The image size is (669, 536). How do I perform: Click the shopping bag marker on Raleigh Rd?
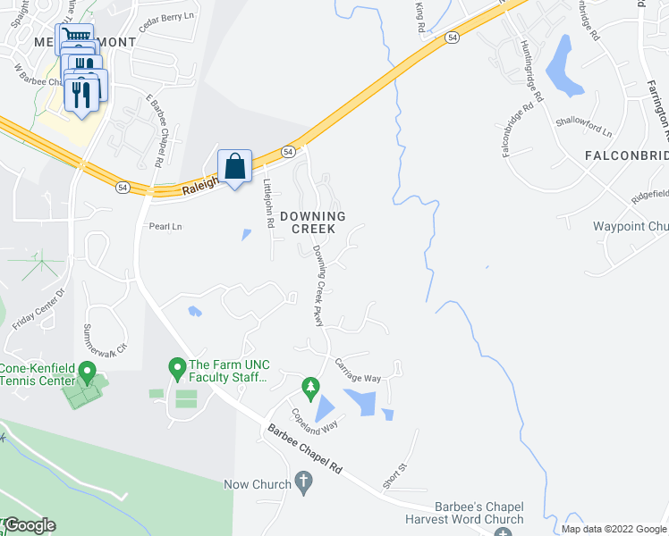pos(234,166)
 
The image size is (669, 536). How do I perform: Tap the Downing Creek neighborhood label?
pos(313,222)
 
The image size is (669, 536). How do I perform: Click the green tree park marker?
pos(310,387)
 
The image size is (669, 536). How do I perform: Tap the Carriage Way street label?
pos(358,371)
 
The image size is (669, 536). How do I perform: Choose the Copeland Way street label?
pos(315,420)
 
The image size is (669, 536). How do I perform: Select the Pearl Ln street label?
pos(165,227)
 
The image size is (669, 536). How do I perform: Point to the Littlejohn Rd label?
pos(268,203)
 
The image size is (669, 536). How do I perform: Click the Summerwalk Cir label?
pos(106,335)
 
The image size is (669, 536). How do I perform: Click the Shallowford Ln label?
pos(583,127)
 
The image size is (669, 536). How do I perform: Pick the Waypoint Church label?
pos(630,226)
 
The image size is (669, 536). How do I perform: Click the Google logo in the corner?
pos(30,525)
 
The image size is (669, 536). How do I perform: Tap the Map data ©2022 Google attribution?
pos(614,529)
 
